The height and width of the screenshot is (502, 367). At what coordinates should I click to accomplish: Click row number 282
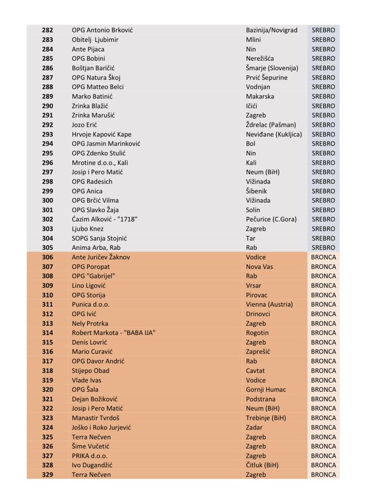coord(47,30)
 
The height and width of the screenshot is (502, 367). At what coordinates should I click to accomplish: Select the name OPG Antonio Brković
coord(102,30)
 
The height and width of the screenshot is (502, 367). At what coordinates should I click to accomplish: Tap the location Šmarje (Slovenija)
coord(272,68)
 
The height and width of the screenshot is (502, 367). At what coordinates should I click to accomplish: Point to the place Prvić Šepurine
coord(267,77)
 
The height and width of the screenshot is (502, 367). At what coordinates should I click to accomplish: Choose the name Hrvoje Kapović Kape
coord(101,134)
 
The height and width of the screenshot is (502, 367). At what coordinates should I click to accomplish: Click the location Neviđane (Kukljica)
coord(274,134)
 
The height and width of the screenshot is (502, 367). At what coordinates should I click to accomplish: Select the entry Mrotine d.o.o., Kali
coord(100,163)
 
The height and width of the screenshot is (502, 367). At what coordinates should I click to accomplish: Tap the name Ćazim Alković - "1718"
coord(105,220)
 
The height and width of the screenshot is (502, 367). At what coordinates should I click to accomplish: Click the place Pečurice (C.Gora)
coord(271,220)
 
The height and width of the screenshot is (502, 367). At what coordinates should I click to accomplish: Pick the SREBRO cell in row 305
coord(323,248)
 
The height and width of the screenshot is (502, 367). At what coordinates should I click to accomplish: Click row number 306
coord(47,257)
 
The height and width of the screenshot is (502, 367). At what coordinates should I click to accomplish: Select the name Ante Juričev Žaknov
coord(101,257)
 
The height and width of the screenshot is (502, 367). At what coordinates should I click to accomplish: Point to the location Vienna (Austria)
coord(269,304)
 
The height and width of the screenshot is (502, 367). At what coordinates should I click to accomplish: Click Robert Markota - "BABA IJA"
coord(113,333)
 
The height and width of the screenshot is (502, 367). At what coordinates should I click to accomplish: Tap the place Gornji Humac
coord(266,390)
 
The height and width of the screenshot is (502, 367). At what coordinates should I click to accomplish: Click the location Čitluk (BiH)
coord(262,465)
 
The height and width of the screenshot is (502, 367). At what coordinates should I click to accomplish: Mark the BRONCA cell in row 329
coord(323,475)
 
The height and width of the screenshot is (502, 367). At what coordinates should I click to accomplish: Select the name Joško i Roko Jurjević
coord(101,427)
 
